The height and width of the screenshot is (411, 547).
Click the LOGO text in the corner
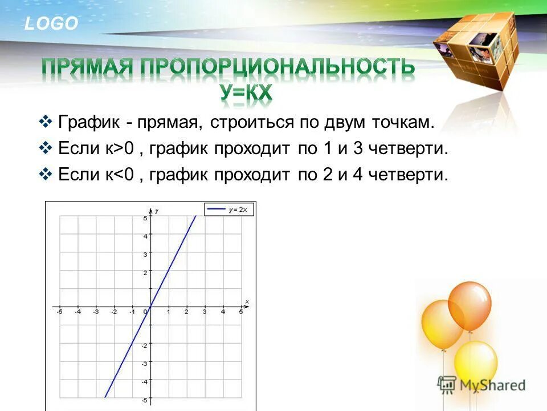pyautogui.click(x=51, y=23)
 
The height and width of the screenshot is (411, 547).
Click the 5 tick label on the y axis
pyautogui.click(x=145, y=218)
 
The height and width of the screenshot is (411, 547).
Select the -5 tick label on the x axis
pyautogui.click(x=59, y=312)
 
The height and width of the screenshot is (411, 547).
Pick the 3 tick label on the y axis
pyautogui.click(x=145, y=255)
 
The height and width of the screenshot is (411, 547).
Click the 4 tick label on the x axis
pyautogui.click(x=223, y=312)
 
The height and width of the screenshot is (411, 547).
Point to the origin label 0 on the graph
pyautogui.click(x=145, y=312)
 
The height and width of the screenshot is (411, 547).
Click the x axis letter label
pyautogui.click(x=247, y=301)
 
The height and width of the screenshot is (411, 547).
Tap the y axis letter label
pyautogui.click(x=157, y=211)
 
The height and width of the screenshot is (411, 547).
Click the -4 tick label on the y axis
pyautogui.click(x=144, y=381)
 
